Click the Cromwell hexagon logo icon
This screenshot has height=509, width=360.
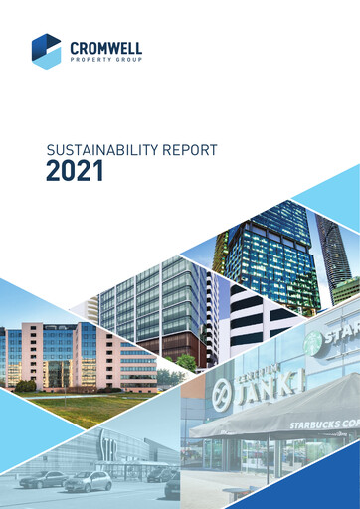pos(46,51)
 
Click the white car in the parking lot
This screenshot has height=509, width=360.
pos(89,482)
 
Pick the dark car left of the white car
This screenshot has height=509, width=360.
pos(43,479)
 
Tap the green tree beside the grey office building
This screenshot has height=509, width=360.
pos(185,362)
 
